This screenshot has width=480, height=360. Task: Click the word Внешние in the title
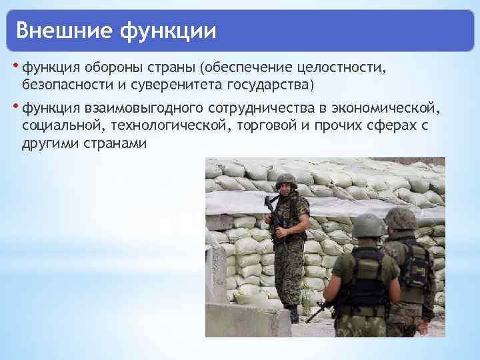(x=59, y=30)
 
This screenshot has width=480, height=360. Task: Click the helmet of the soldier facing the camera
(x=285, y=179)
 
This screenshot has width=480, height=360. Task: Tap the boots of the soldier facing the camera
(x=292, y=313)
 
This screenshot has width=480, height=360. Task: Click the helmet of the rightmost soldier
(x=400, y=218)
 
